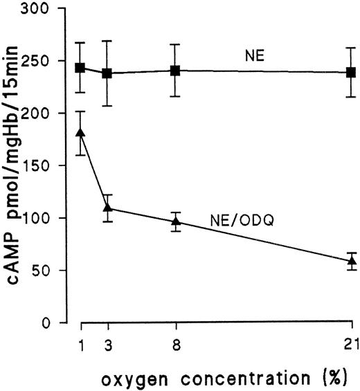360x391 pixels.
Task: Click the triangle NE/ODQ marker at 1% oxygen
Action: click(81, 131)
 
